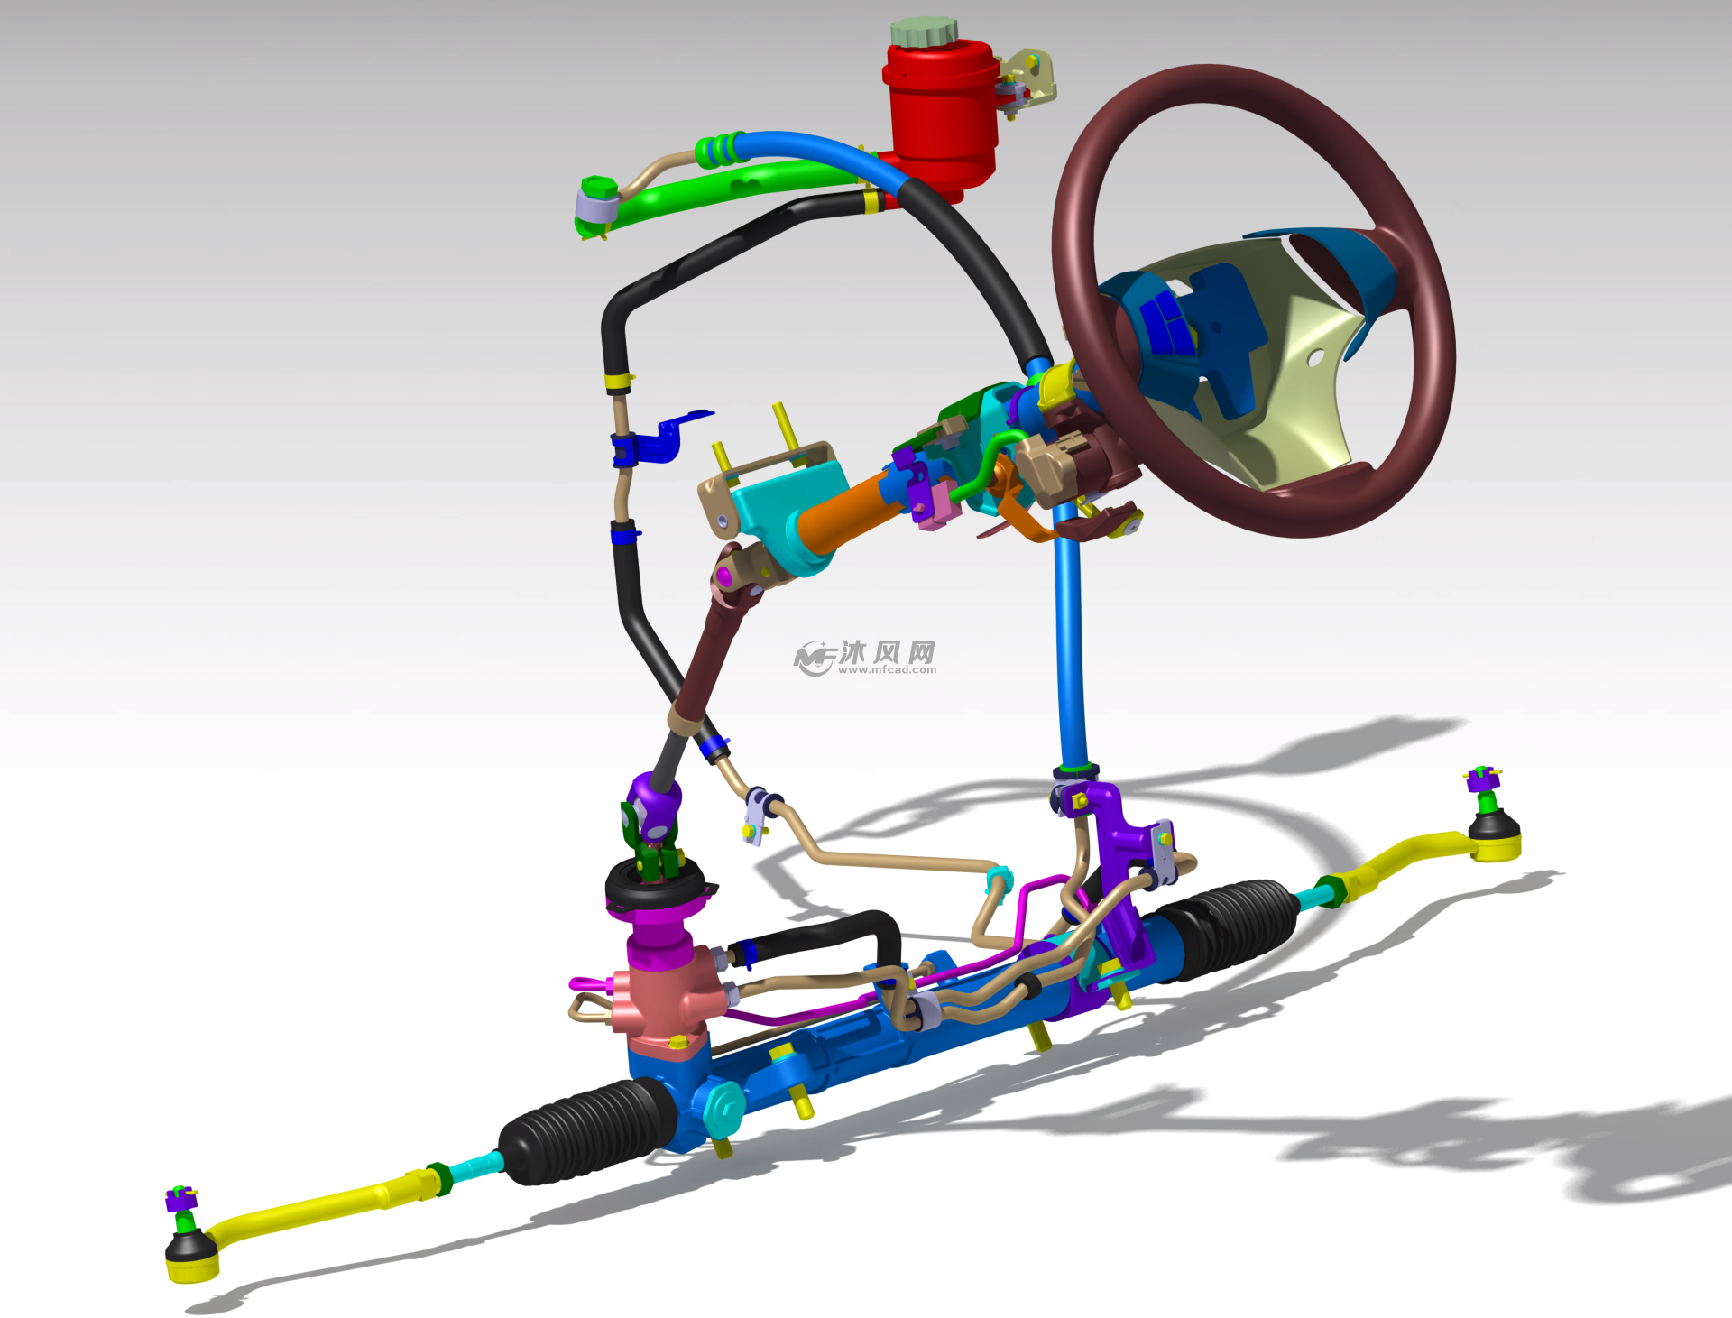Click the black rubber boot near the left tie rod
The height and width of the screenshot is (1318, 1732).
tap(586, 1131)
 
